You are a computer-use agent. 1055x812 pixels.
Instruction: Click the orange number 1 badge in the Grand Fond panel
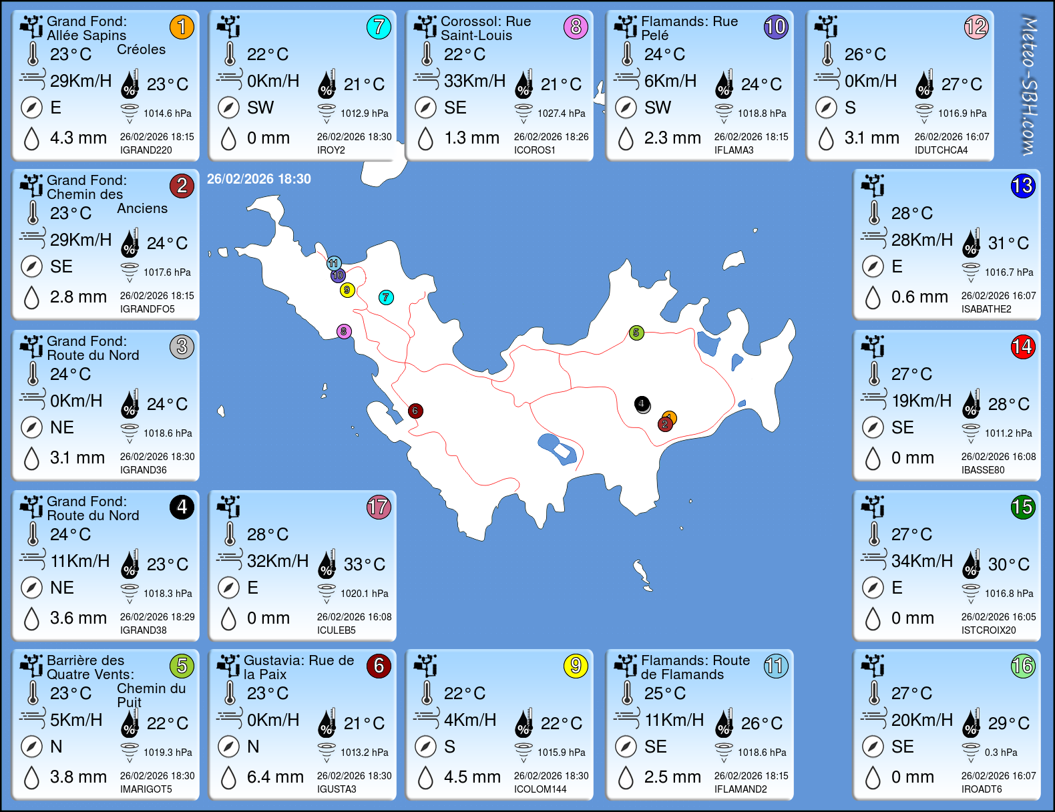[182, 27]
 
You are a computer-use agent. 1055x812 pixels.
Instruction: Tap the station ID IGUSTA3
[337, 789]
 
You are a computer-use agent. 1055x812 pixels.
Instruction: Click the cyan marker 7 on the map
[386, 297]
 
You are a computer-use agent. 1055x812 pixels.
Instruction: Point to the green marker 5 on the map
[636, 333]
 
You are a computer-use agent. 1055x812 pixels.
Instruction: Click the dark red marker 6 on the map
[415, 411]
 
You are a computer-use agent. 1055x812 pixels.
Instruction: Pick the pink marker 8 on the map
[344, 331]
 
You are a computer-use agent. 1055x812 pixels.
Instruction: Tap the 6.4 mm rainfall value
[275, 777]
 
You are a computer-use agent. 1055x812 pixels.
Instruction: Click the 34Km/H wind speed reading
[921, 561]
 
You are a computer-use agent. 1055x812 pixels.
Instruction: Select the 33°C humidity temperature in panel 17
[364, 564]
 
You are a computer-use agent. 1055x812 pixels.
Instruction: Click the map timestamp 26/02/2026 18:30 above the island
[259, 179]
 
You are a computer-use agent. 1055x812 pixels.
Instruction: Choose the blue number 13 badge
[1022, 186]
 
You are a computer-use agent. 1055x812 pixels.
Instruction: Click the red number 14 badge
[1022, 347]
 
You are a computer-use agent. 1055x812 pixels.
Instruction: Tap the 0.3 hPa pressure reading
[1001, 753]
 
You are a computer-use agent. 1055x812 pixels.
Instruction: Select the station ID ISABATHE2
[986, 309]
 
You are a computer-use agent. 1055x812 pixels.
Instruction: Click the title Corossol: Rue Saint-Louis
[485, 28]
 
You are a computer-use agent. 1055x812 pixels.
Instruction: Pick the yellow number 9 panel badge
[576, 666]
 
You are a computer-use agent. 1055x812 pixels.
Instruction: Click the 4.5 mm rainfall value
[472, 777]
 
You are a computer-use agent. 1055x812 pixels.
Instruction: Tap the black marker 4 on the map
[642, 403]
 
